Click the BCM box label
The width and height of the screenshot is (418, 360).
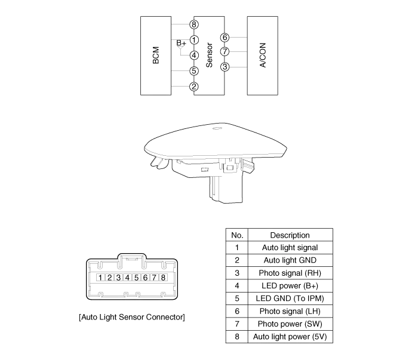156,54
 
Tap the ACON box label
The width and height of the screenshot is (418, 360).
262,54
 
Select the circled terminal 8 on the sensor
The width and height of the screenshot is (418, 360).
193,24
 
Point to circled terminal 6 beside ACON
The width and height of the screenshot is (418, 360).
225,38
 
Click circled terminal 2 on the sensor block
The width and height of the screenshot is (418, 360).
193,87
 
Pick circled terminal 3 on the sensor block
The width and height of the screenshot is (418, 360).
225,66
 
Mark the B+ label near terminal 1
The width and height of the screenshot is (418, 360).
181,43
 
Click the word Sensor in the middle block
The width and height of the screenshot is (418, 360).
209,55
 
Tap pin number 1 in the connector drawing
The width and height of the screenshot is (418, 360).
102,277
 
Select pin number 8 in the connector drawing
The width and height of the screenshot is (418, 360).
163,277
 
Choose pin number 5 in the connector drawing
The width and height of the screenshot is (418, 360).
136,277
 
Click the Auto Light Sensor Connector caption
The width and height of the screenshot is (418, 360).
131,316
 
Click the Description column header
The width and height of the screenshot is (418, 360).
290,235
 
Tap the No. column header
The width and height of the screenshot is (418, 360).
236,235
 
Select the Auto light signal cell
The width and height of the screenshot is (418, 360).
290,247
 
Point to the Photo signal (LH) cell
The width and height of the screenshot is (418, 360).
290,311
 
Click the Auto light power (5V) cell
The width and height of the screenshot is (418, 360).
290,337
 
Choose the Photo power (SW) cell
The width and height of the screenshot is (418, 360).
290,324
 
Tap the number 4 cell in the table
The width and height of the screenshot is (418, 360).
236,286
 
